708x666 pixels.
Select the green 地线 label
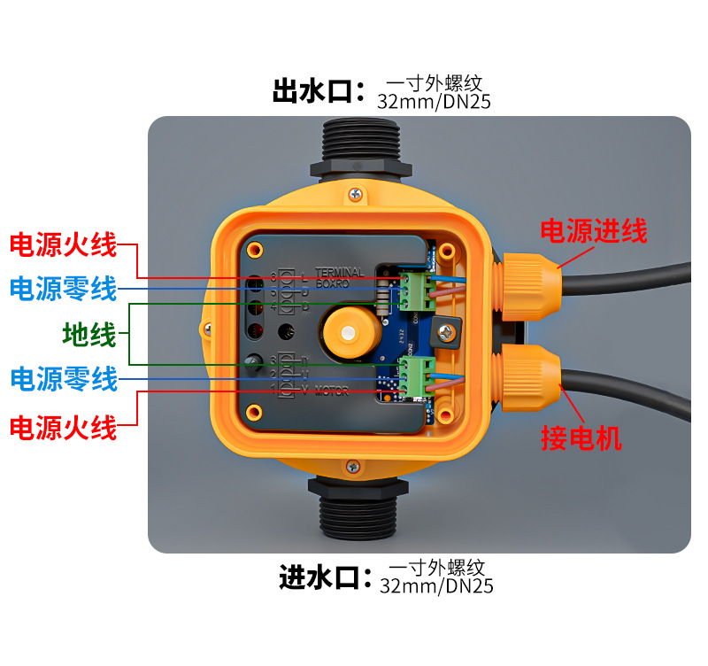click(x=89, y=335)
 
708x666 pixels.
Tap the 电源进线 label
click(x=594, y=232)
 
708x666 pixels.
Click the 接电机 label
click(x=581, y=438)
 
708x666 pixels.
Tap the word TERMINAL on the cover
click(x=339, y=274)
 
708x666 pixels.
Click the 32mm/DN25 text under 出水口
click(x=434, y=102)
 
